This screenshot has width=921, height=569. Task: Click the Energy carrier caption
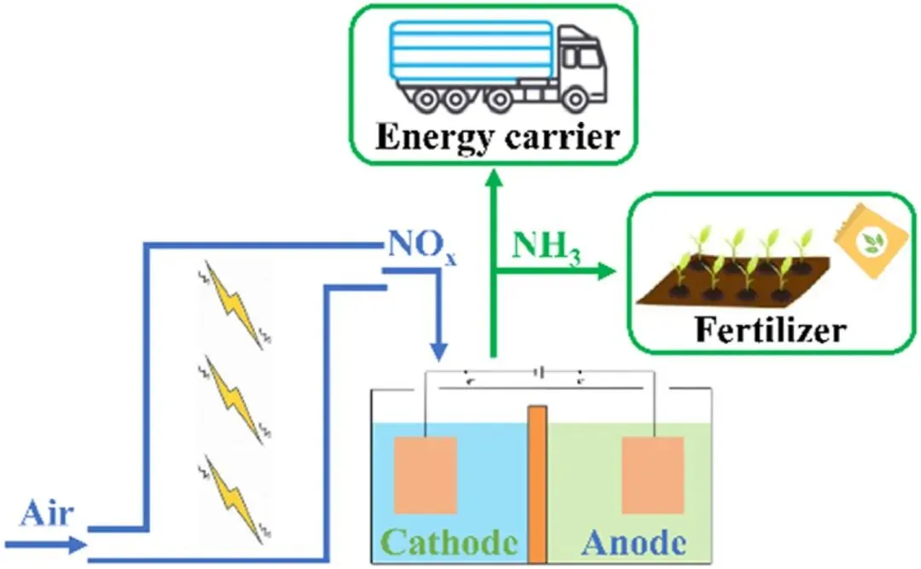point(496,136)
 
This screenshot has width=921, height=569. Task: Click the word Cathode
point(449,541)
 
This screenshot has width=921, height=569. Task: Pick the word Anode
point(634,541)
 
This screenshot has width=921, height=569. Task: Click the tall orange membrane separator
point(537,483)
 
